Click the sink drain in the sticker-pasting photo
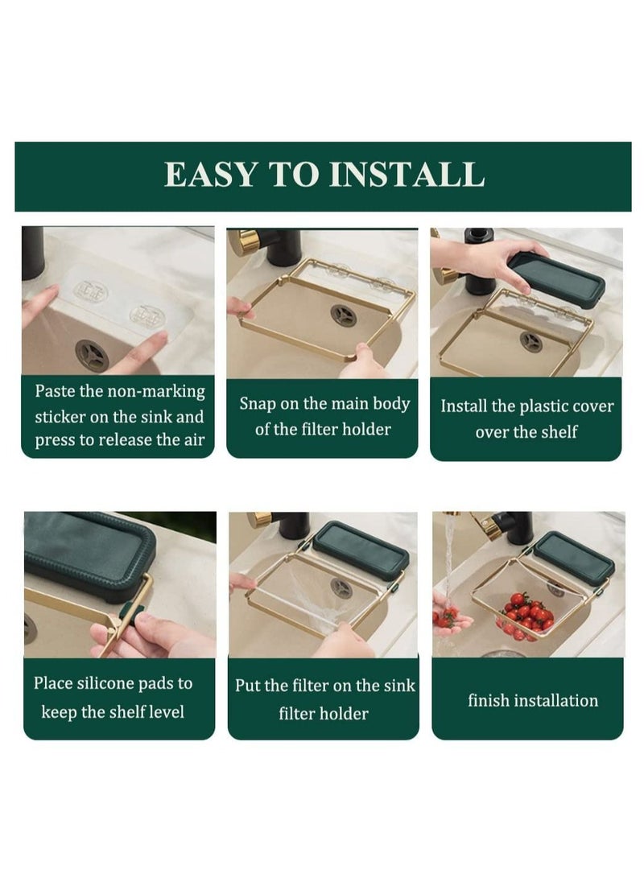[91, 355]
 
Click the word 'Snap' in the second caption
[258, 404]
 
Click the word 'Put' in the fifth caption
[247, 686]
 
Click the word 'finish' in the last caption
[489, 700]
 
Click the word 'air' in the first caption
[194, 440]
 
